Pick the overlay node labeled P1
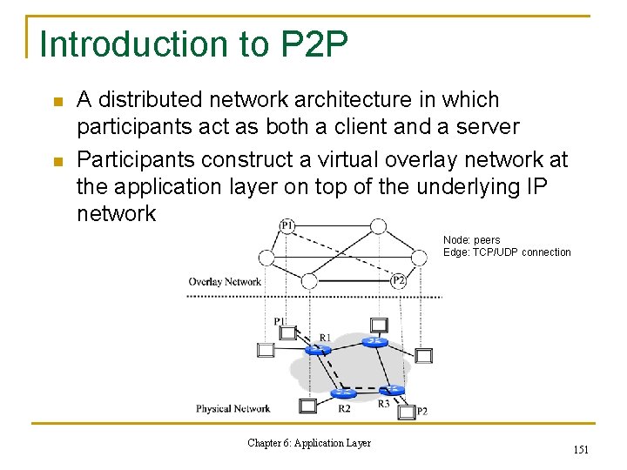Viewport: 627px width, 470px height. pos(287,226)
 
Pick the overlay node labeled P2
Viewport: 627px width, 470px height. pos(398,280)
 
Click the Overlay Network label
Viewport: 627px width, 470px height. pos(225,281)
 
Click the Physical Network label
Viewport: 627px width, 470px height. pos(233,408)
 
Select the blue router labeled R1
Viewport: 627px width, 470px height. pos(318,350)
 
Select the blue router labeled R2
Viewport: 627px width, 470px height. pos(343,393)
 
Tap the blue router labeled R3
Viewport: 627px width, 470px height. pos(391,390)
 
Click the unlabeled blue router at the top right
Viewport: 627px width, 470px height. pos(375,341)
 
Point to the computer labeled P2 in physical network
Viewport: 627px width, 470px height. pos(406,412)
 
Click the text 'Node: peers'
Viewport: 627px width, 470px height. pos(471,240)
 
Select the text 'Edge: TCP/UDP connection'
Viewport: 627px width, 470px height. pos(507,252)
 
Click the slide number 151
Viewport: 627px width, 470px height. pos(581,449)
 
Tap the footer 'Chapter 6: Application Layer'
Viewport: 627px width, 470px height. pos(309,443)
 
